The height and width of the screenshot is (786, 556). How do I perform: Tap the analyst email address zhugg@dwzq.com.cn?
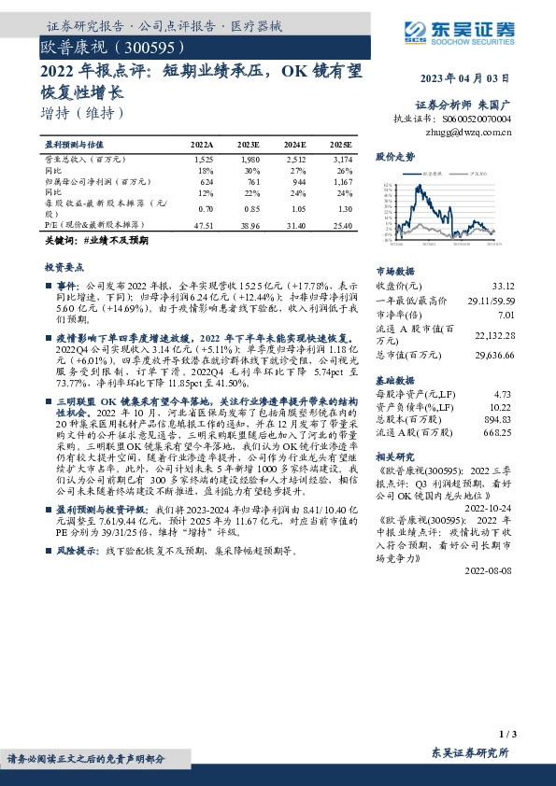pos(474,133)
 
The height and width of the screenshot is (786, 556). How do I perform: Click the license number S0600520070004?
pos(478,119)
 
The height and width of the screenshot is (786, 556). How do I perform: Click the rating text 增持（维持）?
pos(83,114)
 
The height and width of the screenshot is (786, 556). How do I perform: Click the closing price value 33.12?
pos(502,286)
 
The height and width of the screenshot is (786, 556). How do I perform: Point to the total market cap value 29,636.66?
pos(491,356)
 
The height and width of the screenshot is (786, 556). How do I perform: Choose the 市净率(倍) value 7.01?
pos(505,314)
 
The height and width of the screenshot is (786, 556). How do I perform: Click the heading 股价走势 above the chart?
pos(394,156)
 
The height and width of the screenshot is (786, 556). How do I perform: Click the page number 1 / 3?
pos(507,736)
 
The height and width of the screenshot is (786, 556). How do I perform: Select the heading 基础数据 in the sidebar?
pos(394,381)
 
